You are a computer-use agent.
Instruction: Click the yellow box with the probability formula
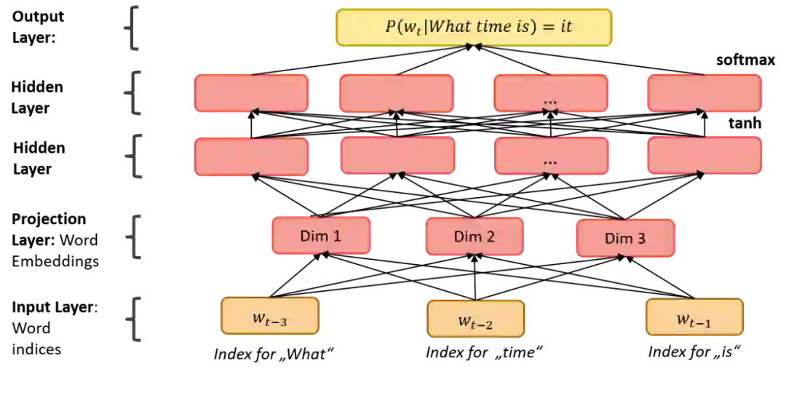[475, 28]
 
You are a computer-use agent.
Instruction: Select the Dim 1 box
[320, 236]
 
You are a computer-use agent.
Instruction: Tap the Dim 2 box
[474, 236]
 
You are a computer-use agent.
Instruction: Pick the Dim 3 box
[625, 238]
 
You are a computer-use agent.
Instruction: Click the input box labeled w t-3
[270, 317]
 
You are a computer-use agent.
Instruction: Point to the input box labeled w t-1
[694, 317]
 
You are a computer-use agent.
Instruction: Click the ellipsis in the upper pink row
[550, 102]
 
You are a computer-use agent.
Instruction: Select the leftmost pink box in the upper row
[252, 93]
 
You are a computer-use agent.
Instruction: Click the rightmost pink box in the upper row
[704, 93]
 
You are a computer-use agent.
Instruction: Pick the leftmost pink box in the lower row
[252, 156]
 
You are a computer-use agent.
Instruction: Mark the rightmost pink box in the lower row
[704, 156]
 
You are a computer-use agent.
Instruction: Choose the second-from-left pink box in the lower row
[397, 156]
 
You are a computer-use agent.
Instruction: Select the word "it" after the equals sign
[565, 27]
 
